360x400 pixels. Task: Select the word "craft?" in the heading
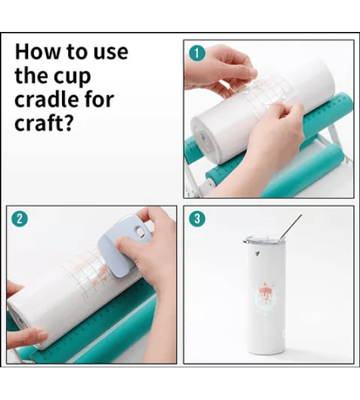[43, 123]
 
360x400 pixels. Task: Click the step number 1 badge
[197, 53]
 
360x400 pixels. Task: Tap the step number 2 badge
[19, 219]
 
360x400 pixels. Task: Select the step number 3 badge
[197, 219]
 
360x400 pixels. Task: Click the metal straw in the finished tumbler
[291, 227]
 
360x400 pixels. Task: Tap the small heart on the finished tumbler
[258, 253]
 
